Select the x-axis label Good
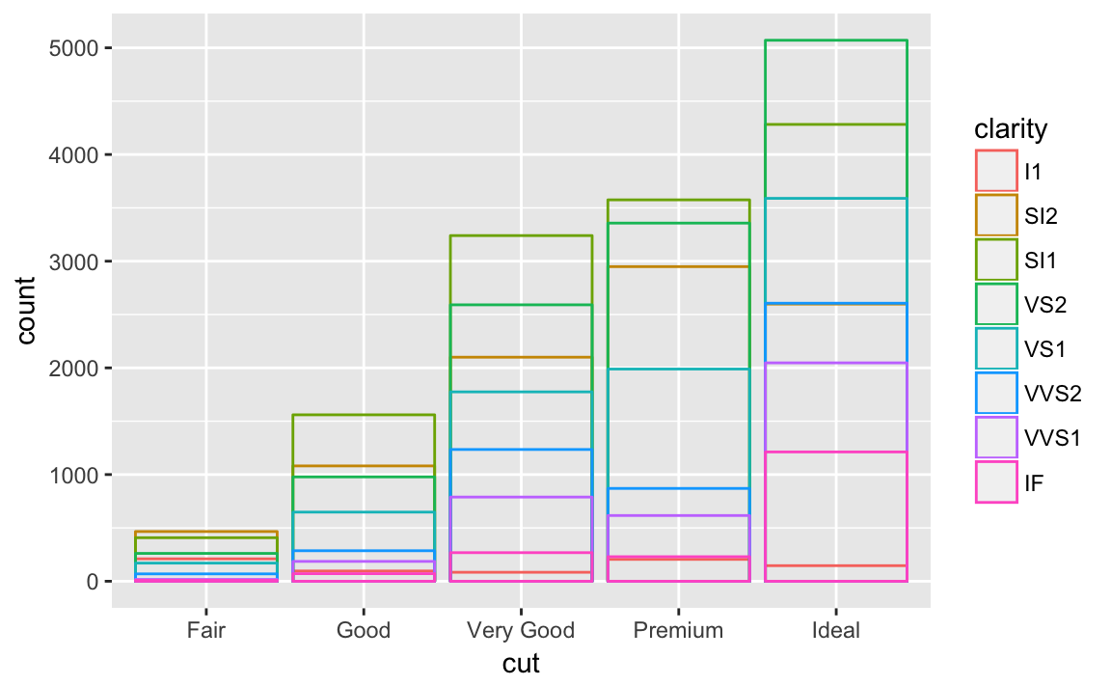coord(363,631)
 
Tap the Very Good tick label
coord(521,631)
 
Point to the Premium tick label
coord(679,631)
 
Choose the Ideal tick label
coord(836,631)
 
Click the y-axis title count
coord(26,311)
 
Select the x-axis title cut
coord(521,664)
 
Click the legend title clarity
coord(1011,128)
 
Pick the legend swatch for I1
coord(996,172)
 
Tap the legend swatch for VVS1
coord(996,438)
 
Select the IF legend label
coord(1033,482)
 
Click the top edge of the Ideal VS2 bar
coord(836,41)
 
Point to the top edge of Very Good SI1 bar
coord(521,235)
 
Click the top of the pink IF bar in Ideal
coord(836,452)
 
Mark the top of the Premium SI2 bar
coord(679,266)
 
